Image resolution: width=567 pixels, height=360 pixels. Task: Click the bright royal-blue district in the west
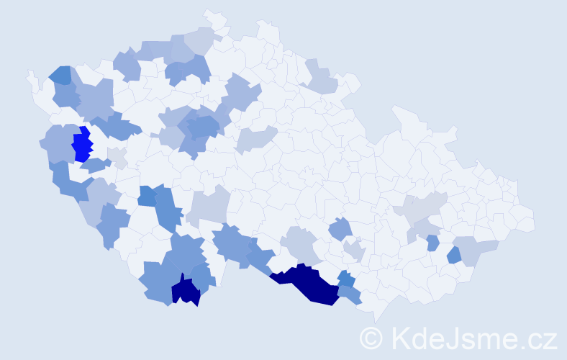(83, 145)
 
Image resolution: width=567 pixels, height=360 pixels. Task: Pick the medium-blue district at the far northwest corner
(60, 74)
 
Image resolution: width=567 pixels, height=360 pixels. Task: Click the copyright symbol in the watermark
(372, 338)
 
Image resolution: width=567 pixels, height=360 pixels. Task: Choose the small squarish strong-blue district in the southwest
(147, 196)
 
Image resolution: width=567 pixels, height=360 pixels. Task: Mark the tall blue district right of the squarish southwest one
(166, 209)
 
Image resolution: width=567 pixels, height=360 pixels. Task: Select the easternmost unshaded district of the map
(524, 220)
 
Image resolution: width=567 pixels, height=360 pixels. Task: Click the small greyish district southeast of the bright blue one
(117, 156)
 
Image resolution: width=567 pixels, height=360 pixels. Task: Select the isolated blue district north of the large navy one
(341, 230)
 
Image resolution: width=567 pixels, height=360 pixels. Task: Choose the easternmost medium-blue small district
(453, 255)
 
